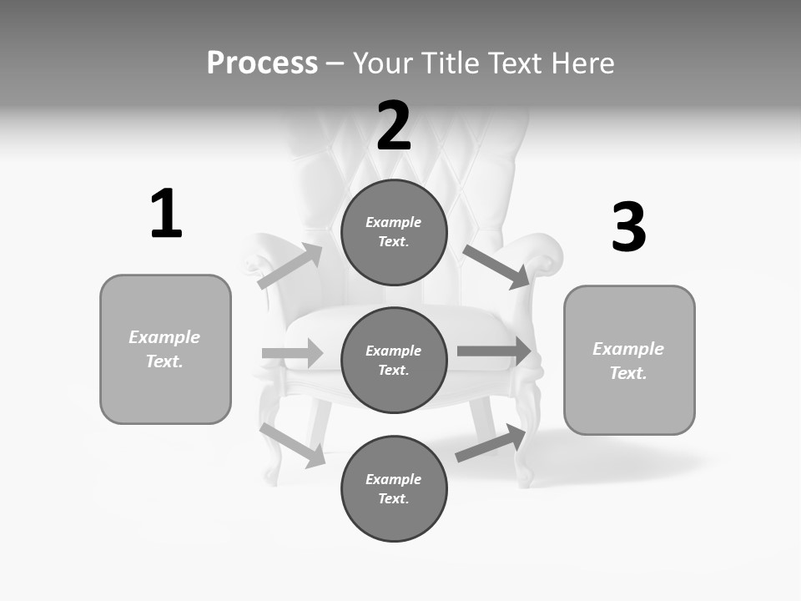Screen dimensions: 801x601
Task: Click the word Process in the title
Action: (x=262, y=63)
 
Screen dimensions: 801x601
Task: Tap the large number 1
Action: (x=166, y=215)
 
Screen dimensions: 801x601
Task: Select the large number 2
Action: (x=394, y=126)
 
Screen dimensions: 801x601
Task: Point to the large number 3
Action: (x=628, y=228)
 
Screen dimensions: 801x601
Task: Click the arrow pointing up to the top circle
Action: (x=290, y=266)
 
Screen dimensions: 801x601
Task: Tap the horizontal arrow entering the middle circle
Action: (x=292, y=354)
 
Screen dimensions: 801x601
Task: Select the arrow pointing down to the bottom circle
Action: (x=293, y=445)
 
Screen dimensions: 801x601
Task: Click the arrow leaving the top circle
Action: (x=496, y=267)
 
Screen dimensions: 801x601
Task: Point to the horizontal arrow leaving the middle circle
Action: (x=495, y=351)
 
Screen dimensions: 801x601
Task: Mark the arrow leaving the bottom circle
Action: (x=491, y=443)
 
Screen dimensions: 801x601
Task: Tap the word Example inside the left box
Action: (x=164, y=337)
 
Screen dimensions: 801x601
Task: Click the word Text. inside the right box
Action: (x=628, y=373)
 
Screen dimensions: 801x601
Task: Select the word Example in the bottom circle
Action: (x=393, y=479)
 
